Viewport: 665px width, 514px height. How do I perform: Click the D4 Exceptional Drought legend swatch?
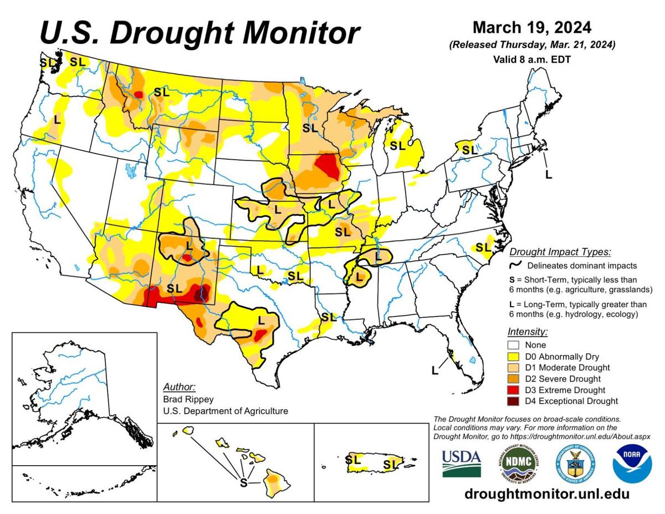click(513, 401)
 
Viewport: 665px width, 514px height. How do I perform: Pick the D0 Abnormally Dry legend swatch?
click(513, 356)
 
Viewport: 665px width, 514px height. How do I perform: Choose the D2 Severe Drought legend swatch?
click(513, 379)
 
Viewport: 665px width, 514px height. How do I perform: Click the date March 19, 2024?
click(532, 27)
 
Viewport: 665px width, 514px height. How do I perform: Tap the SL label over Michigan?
click(397, 146)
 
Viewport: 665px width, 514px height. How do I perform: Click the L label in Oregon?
click(57, 119)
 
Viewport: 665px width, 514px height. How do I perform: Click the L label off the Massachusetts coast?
click(549, 175)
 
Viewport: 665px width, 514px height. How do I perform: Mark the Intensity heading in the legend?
click(527, 332)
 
